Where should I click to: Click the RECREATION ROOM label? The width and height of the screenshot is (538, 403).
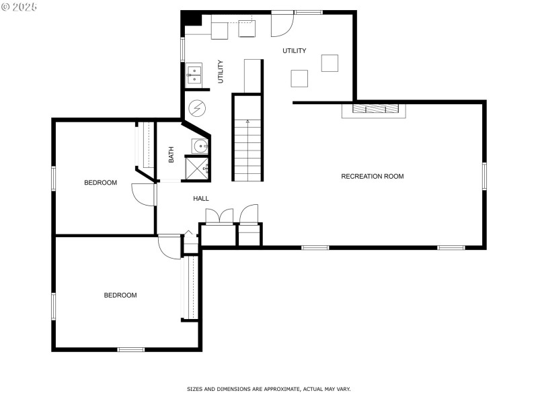[x=373, y=177]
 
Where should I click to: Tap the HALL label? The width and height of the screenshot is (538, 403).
[x=200, y=198]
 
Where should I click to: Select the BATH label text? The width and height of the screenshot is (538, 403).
[x=171, y=154]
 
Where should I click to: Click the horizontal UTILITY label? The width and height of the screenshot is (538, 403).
[x=295, y=51]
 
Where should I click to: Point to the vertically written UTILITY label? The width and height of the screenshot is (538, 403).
[x=221, y=72]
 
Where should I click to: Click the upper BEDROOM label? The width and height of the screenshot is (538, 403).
[x=100, y=183]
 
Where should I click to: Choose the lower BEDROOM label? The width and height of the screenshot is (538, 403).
[x=120, y=295]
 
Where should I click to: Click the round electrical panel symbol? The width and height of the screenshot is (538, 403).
[x=197, y=108]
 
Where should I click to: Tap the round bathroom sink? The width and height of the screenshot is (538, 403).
[x=200, y=146]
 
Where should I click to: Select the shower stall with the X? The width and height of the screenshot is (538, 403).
[x=196, y=168]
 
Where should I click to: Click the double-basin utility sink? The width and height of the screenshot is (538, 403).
[x=194, y=75]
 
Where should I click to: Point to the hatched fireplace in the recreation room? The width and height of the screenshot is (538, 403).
[x=375, y=109]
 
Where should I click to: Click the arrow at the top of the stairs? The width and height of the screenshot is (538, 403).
[x=247, y=121]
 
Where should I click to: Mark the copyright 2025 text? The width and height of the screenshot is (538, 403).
[x=19, y=7]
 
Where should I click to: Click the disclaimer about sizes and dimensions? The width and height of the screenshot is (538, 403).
[x=268, y=389]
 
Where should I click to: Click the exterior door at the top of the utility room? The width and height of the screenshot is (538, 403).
[x=282, y=24]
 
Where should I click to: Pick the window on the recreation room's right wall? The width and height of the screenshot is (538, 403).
[x=484, y=176]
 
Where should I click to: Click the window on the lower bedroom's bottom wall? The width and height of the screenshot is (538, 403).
[x=130, y=349]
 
